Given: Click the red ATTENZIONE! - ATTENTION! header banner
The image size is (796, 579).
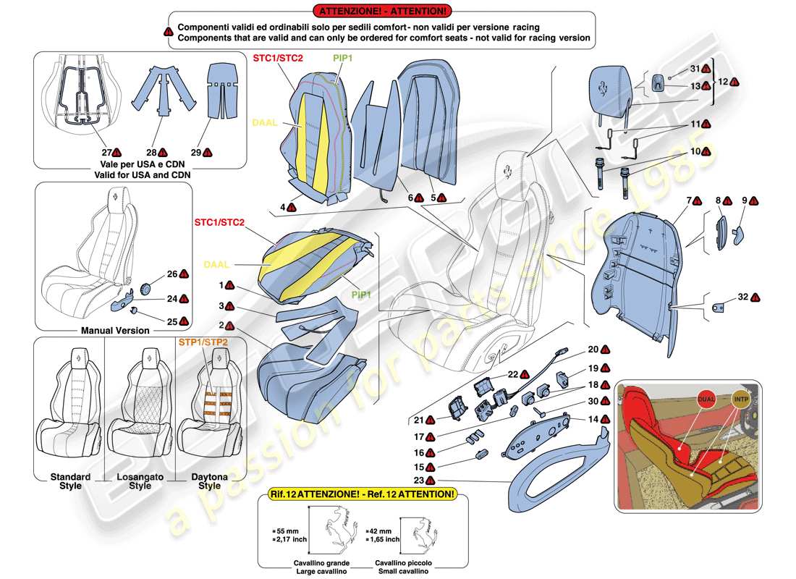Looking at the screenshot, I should click(x=381, y=11).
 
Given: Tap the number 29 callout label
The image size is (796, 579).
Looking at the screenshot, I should click(x=196, y=153).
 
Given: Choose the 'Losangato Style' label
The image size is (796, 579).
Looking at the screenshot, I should click(x=140, y=481).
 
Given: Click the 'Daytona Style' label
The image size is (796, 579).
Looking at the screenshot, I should click(x=209, y=481).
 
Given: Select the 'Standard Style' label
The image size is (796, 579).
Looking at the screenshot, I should click(x=70, y=481).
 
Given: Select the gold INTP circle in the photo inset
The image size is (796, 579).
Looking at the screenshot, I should click(x=740, y=399).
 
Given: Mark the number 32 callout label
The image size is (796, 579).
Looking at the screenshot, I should click(x=743, y=297).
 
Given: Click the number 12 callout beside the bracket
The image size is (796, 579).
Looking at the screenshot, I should click(x=722, y=82).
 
